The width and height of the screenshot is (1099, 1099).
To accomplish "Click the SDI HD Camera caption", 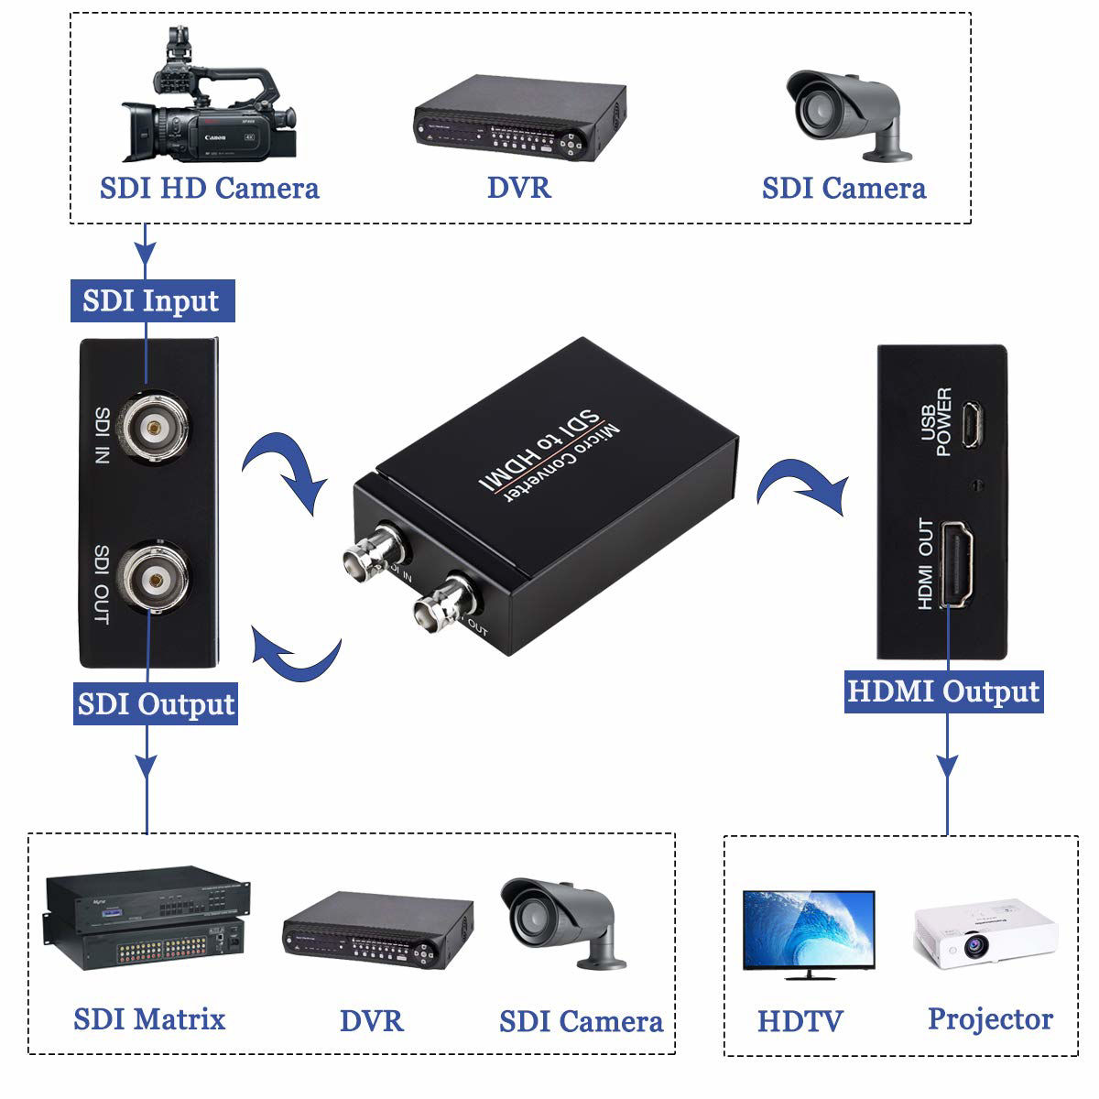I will (209, 189).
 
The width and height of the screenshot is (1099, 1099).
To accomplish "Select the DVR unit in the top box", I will (517, 114).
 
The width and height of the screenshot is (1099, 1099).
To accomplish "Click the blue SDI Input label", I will (152, 300).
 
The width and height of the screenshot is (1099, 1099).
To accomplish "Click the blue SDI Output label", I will (156, 704).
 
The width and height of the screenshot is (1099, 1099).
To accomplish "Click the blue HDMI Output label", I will (943, 691).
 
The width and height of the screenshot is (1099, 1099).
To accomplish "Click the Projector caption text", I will (990, 1018).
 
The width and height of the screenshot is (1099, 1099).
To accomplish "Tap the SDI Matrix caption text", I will (149, 1018).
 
